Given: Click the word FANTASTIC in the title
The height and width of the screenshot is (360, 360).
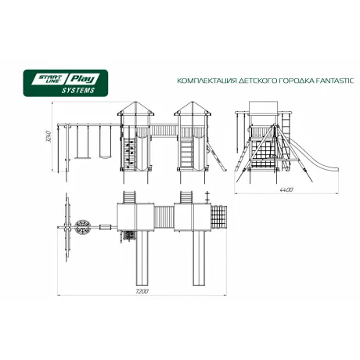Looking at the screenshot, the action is coord(335,81).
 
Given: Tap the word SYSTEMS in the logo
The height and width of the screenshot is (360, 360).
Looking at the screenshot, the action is coord(78,91).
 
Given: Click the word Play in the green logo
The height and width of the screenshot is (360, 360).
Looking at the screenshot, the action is coord(82,79).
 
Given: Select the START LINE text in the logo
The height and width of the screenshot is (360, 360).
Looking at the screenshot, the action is coord(49,79).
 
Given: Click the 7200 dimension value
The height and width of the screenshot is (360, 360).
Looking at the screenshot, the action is coord(142,291).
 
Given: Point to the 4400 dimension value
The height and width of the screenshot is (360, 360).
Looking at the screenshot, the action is coord(286,189).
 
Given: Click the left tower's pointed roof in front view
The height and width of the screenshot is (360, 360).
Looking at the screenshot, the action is coord(135,108).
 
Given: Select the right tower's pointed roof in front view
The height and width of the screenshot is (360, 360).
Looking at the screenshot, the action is coord(193,108).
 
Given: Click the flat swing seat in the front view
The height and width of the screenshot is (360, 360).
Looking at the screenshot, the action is coord(82,157).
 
